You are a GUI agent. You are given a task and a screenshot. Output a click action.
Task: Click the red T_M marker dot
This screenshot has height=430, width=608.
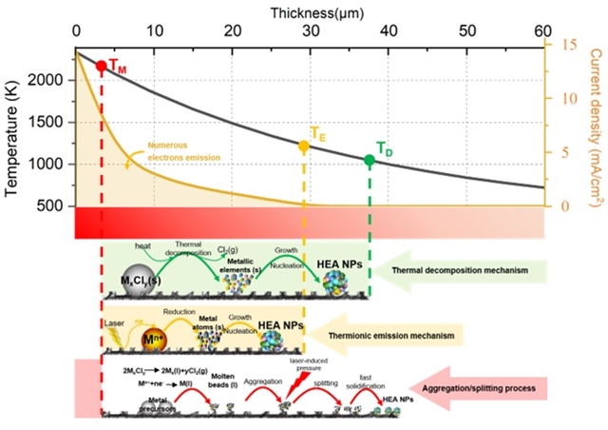(102, 67)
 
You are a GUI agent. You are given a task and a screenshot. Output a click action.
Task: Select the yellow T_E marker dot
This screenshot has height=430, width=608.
(304, 147)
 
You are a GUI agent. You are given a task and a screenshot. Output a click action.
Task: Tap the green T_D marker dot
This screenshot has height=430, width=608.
(370, 160)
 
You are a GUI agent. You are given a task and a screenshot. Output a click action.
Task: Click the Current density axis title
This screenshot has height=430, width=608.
(596, 124)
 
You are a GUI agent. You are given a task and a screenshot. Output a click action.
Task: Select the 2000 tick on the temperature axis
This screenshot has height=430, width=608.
(51, 80)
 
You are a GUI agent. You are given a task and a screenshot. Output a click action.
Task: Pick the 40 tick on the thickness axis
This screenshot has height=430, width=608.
(388, 30)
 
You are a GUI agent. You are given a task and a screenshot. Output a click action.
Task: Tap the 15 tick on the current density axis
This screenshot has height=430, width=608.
(568, 45)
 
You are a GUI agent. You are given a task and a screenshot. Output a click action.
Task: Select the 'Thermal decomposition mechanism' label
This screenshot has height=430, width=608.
(465, 272)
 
